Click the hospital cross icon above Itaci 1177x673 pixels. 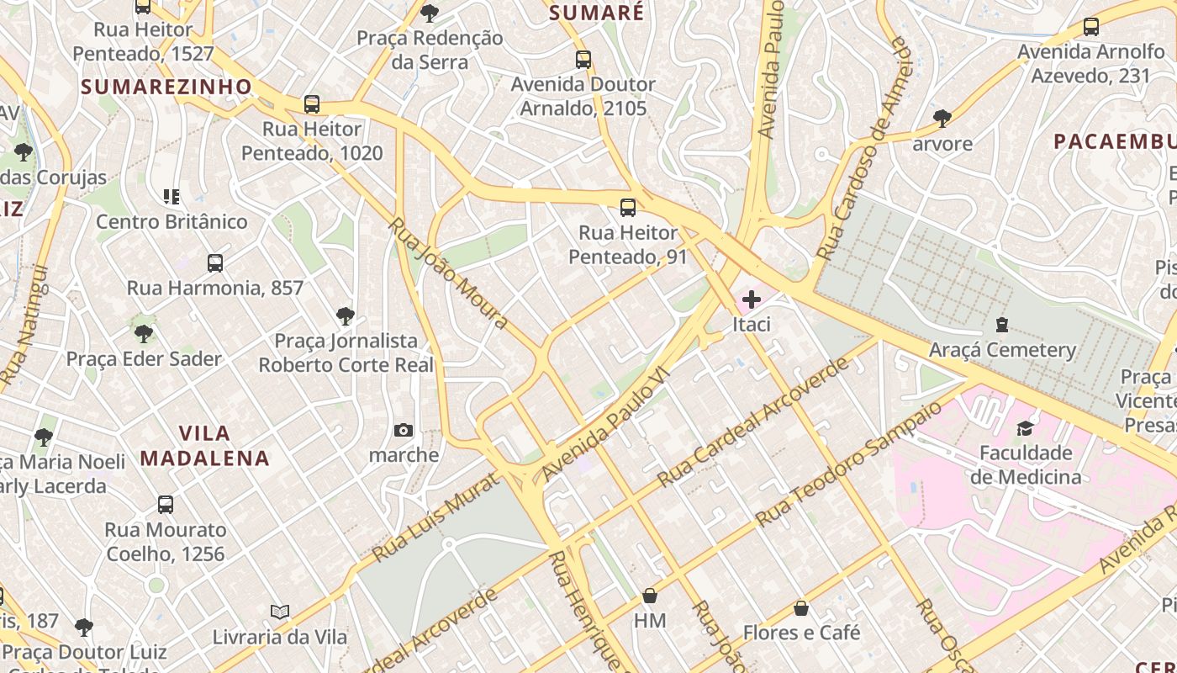tap(752, 299)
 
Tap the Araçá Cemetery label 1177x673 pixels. tap(1002, 350)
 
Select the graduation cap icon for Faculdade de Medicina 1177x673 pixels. tap(1025, 429)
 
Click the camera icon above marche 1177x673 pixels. tap(404, 431)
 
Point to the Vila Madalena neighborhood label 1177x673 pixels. tap(205, 446)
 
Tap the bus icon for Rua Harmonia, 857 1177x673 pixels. tap(215, 263)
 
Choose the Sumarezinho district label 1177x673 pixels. tap(166, 87)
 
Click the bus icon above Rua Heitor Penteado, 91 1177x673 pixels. tap(628, 208)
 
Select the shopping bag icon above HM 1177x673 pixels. tap(650, 596)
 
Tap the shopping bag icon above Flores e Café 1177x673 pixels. tap(801, 607)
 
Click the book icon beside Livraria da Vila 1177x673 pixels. tap(280, 612)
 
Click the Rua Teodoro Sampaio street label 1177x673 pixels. tap(849, 464)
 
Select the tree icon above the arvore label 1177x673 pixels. tap(942, 119)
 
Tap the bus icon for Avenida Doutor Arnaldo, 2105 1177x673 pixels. tap(583, 60)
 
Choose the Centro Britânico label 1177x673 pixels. tap(172, 221)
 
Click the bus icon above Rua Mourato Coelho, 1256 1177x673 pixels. tap(166, 505)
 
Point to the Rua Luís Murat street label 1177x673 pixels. tap(438, 517)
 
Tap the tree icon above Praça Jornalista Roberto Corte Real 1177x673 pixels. tap(345, 316)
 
